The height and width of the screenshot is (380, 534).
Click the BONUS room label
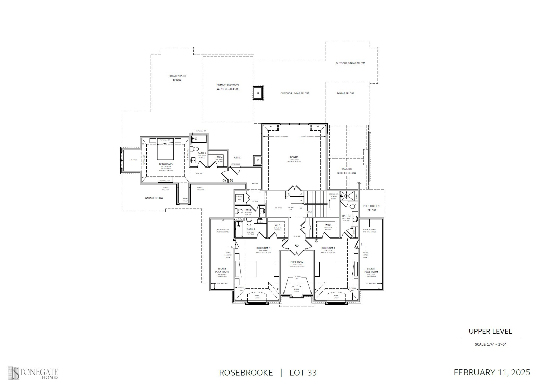pyautogui.click(x=294, y=157)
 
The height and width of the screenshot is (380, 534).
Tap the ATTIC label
pyautogui.click(x=237, y=158)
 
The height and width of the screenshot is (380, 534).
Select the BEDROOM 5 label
pyautogui.click(x=166, y=164)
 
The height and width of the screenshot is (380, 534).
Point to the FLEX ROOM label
pyautogui.click(x=297, y=262)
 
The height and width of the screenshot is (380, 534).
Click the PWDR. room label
pyautogui.click(x=248, y=210)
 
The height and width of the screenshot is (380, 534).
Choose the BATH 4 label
pyautogui.click(x=251, y=229)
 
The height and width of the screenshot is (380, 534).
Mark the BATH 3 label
pyautogui.click(x=346, y=216)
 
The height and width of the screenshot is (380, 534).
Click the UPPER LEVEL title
pyautogui.click(x=490, y=331)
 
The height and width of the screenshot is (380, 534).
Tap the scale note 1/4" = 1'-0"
pyautogui.click(x=490, y=344)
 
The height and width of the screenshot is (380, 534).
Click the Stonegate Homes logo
pyautogui.click(x=33, y=373)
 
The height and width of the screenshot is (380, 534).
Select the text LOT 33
pyautogui.click(x=303, y=373)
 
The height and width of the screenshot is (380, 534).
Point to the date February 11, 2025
pyautogui.click(x=492, y=372)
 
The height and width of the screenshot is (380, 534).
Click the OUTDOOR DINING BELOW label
pyautogui.click(x=350, y=63)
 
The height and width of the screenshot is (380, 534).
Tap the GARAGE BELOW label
pyautogui.click(x=154, y=198)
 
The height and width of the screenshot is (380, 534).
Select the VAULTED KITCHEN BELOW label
pyautogui.click(x=347, y=171)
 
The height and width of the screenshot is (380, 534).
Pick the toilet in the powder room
pyautogui.click(x=240, y=211)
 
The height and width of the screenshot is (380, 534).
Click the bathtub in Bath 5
pyautogui.click(x=199, y=139)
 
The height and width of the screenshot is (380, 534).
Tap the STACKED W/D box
pyautogui.click(x=239, y=198)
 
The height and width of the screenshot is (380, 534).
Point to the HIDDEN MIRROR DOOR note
pyautogui.click(x=365, y=255)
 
